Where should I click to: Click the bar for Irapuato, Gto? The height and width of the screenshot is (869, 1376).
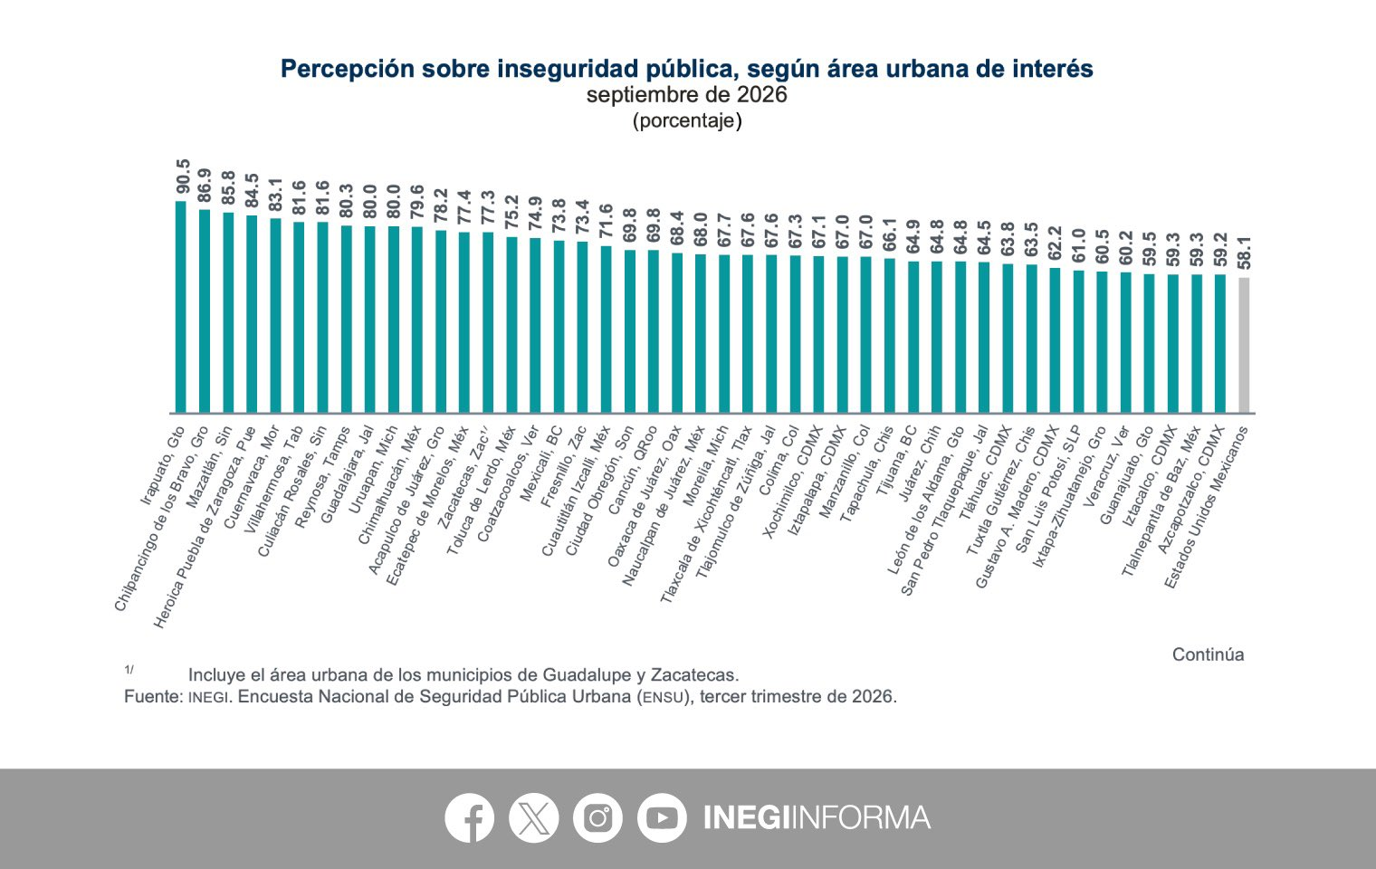[181, 307]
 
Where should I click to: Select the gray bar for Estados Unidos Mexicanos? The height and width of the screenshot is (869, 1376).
[1244, 345]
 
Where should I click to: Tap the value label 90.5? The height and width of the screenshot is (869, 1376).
[183, 176]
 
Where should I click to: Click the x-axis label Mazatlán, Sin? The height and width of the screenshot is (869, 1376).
[209, 467]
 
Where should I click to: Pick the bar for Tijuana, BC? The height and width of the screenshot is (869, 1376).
[913, 337]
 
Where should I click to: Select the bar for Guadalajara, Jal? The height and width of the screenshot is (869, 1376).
[369, 320]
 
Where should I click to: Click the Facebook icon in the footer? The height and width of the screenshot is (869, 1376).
[470, 817]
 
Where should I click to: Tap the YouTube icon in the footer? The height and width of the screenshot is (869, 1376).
[662, 817]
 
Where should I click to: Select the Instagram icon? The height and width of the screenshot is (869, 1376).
[597, 817]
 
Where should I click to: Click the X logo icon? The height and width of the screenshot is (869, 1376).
[534, 817]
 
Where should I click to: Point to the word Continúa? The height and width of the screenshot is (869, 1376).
[1208, 654]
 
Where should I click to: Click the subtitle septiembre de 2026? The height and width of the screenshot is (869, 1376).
[687, 94]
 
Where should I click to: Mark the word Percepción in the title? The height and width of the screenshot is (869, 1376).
[348, 69]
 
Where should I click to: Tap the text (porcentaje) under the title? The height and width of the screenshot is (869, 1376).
[687, 120]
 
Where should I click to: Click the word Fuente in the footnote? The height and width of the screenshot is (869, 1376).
[153, 696]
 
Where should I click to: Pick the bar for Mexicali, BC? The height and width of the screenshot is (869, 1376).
[559, 327]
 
